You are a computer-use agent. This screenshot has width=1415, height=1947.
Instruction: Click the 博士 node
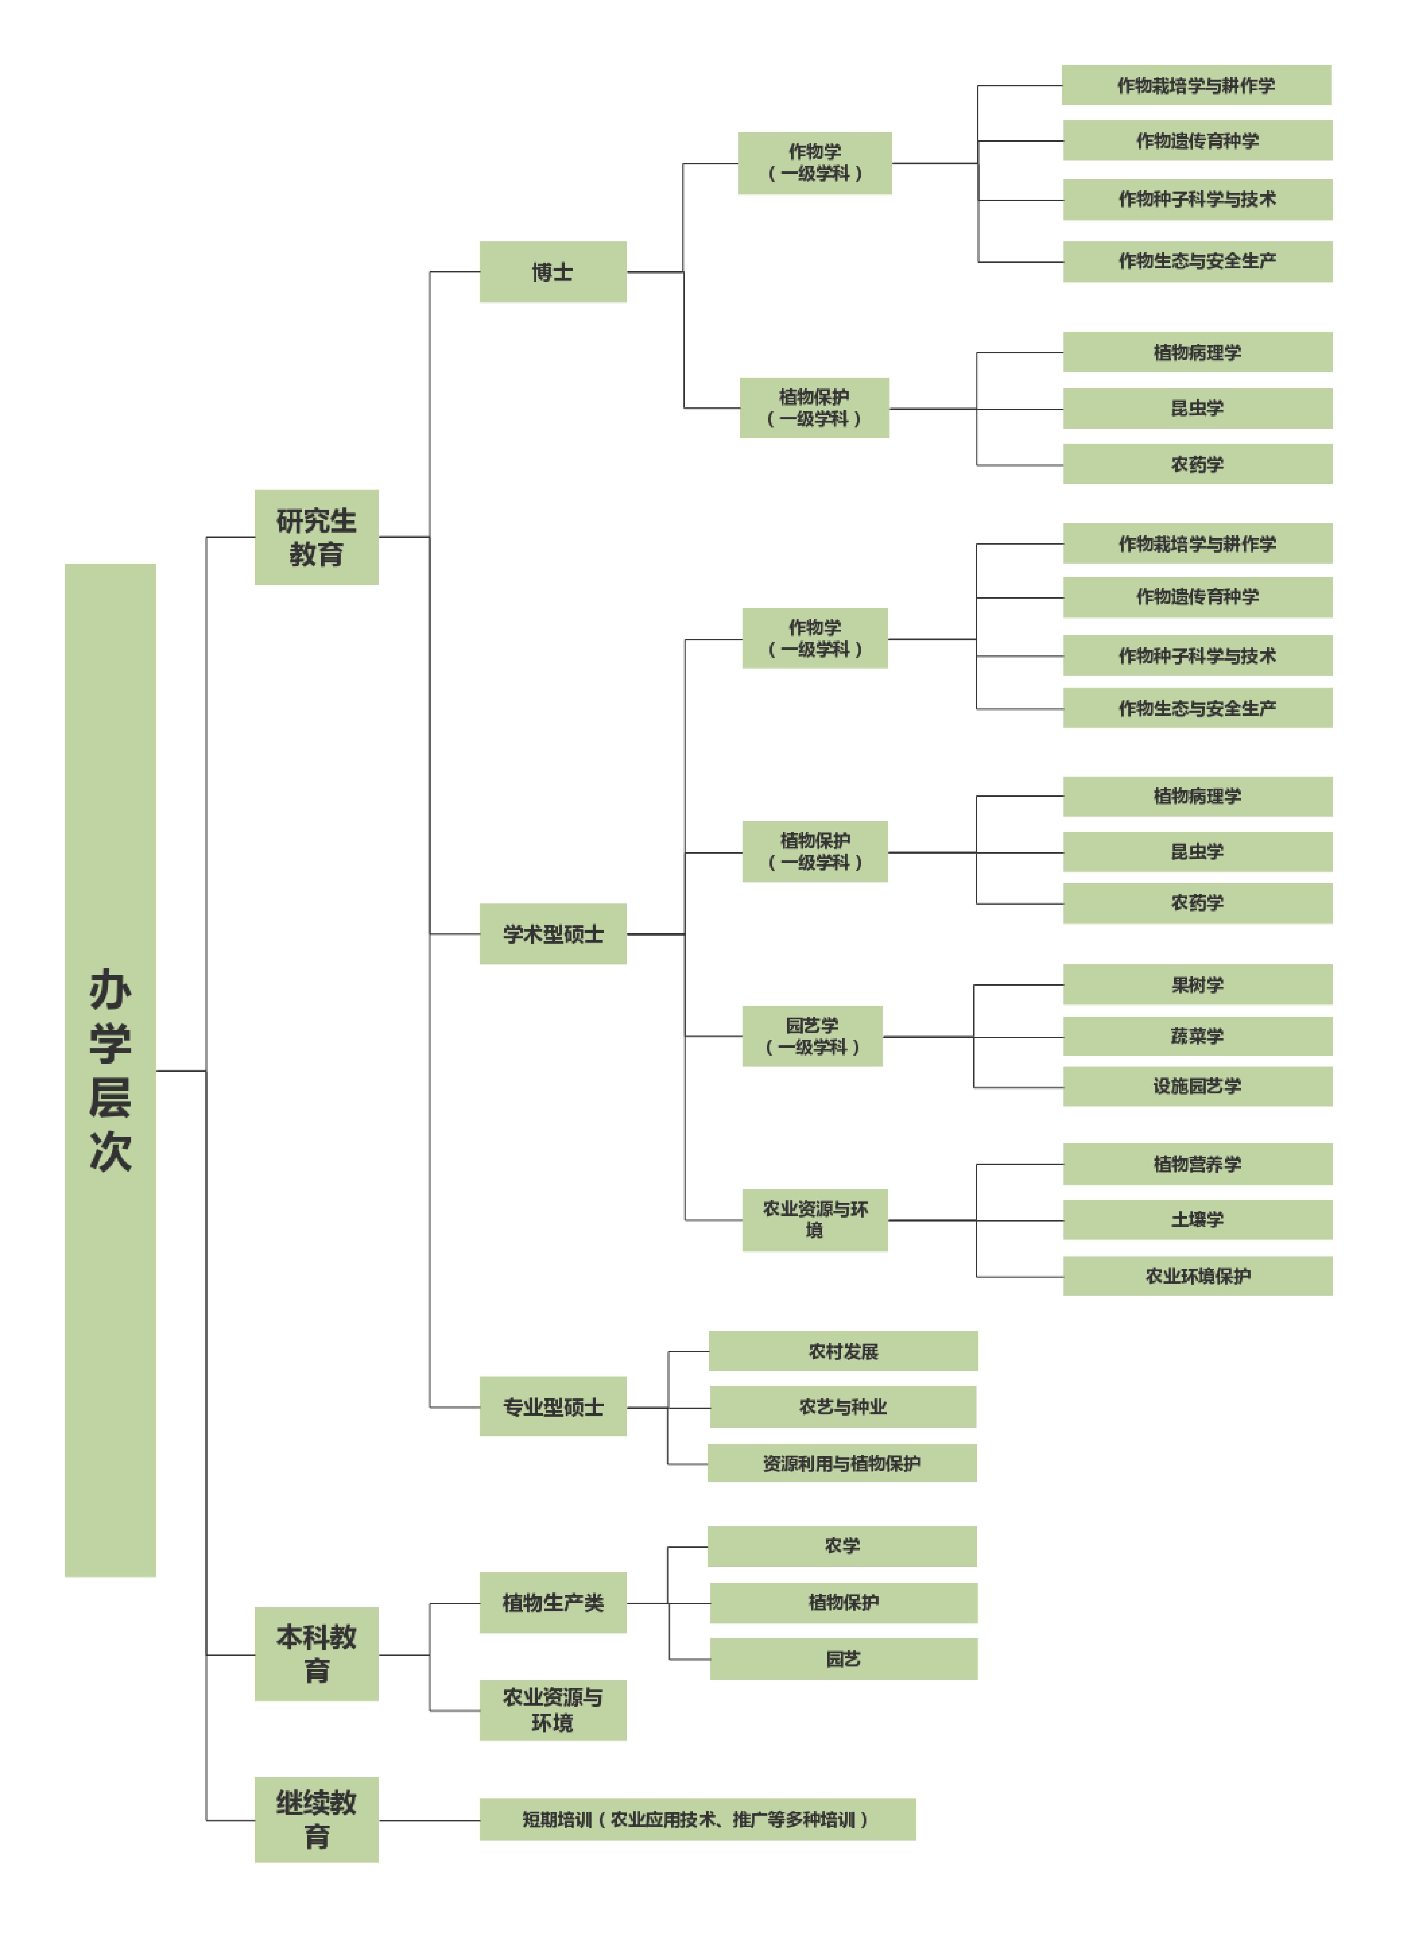pos(553,272)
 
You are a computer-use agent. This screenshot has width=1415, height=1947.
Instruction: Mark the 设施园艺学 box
pos(1197,1086)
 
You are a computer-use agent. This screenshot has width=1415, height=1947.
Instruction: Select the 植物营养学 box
pos(1197,1164)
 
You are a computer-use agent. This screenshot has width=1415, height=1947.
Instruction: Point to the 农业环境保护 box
pos(1197,1276)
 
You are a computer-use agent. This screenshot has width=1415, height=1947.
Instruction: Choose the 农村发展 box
pos(843,1351)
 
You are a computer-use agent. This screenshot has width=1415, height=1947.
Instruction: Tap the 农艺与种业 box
pos(843,1406)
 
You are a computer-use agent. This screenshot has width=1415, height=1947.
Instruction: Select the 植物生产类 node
pos(553,1602)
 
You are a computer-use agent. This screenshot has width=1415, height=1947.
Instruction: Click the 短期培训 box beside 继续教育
pos(697,1819)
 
